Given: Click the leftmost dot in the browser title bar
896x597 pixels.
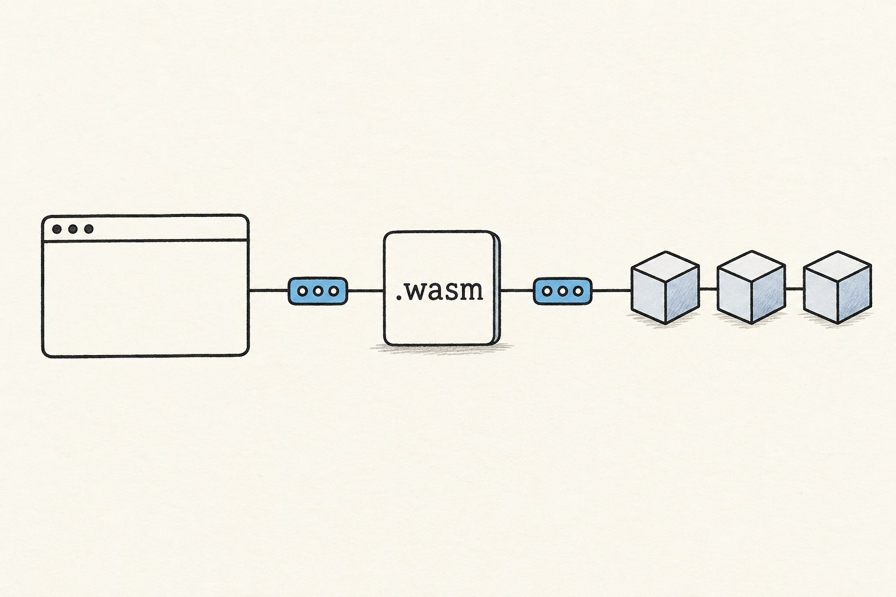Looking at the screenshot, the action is coord(57,229).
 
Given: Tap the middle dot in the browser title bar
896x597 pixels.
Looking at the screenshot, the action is coord(73,229).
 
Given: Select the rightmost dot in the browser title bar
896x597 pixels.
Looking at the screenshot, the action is coord(89,229).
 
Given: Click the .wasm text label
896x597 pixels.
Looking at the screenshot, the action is coord(440,291).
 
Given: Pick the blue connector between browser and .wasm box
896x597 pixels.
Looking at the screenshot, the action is coord(318,291).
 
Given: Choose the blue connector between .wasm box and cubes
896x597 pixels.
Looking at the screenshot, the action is coord(562,291).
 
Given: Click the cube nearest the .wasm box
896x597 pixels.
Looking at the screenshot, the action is coord(665,287).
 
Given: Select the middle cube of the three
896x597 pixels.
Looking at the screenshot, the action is coord(751,287).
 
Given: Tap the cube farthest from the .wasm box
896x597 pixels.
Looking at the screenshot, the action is coord(838,287).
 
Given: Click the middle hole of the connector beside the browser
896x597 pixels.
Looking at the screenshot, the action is coord(318,291).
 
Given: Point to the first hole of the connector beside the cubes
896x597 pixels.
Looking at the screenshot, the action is coord(547,291).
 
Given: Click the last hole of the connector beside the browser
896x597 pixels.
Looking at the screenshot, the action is coord(334,291).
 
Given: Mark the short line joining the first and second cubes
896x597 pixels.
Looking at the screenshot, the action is coord(708,289).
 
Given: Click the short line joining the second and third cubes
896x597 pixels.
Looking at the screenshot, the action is coord(794,289).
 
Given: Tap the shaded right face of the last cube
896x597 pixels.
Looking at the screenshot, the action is coord(855,294).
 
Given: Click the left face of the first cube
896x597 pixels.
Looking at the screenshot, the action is coord(649,295).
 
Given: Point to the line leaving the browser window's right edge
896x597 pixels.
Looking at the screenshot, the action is coord(268,291).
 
